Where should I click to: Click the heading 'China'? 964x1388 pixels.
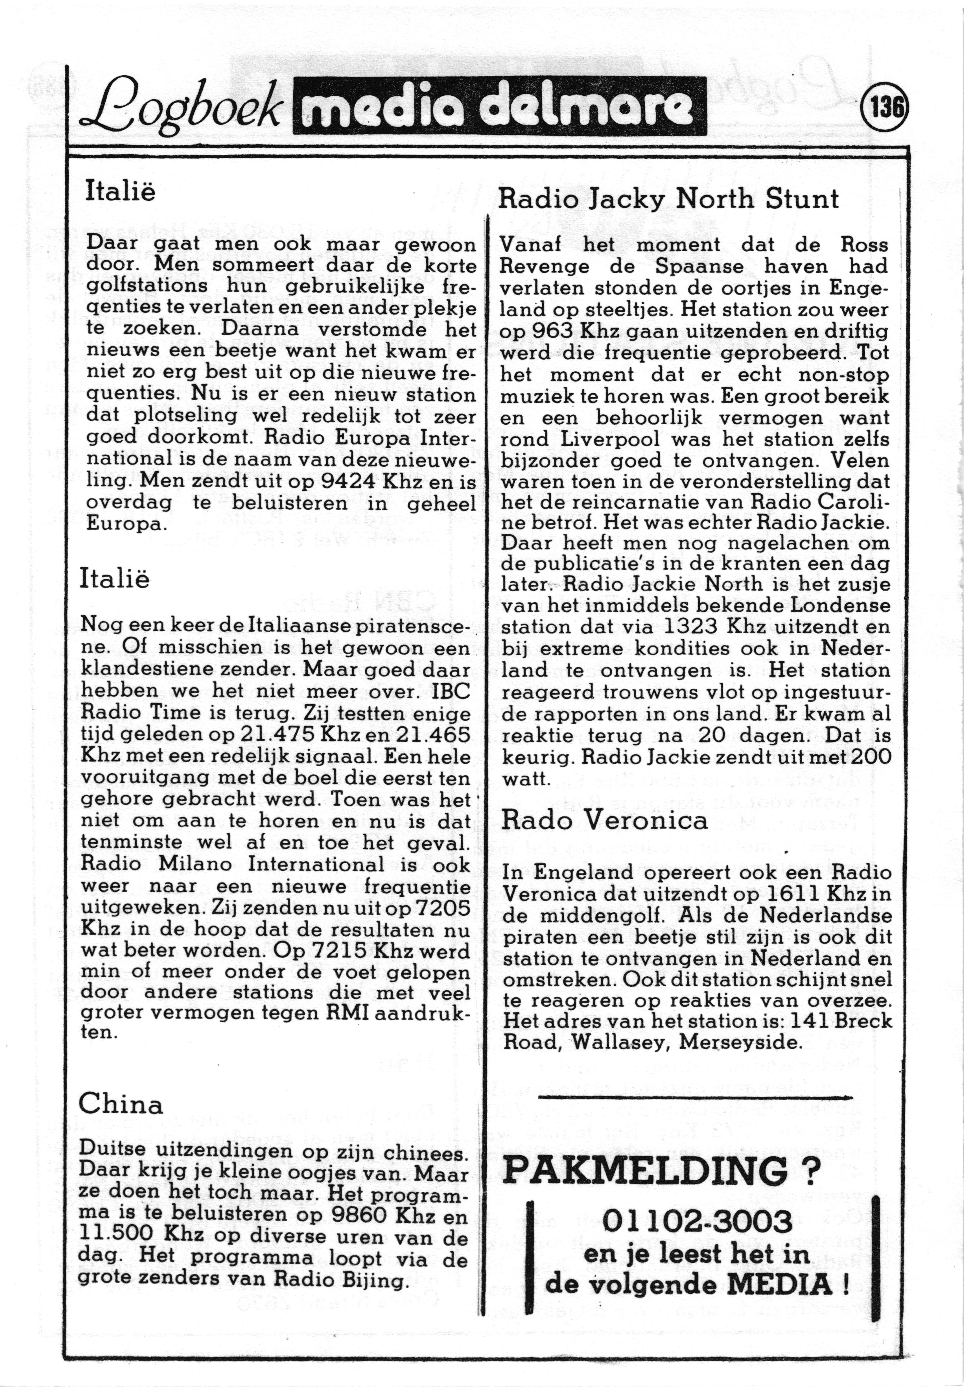tap(121, 1105)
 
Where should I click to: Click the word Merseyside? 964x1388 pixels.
tap(741, 1042)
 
